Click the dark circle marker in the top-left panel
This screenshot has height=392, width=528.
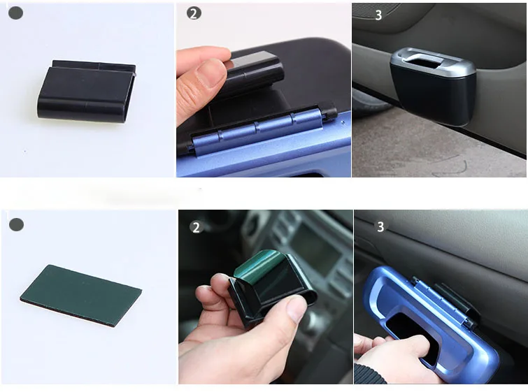tap(15, 13)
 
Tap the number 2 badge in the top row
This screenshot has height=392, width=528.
tap(194, 13)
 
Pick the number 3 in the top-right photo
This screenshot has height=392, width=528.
tap(378, 15)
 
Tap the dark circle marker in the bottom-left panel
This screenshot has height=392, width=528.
tap(16, 225)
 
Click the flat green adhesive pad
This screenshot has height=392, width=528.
tap(80, 293)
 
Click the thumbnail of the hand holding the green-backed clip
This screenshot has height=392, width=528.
tap(265, 297)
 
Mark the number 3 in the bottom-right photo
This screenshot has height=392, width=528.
tap(380, 226)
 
